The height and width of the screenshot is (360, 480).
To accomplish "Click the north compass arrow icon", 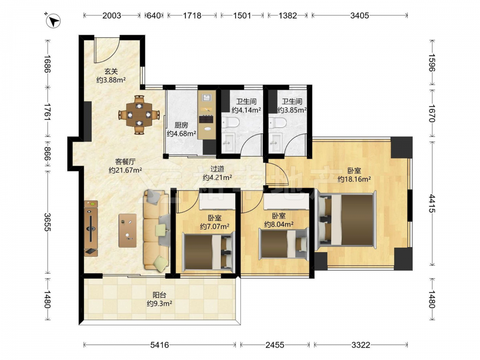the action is click(53, 21).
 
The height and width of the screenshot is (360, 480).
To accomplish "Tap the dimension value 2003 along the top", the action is click(111, 15).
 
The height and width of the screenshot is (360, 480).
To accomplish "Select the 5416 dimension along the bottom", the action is click(159, 345).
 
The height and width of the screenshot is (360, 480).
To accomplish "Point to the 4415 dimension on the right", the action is click(432, 204).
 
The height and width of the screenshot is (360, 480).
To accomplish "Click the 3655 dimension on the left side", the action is click(48, 222).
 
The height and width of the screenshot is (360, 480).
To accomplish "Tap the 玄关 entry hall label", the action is click(111, 72).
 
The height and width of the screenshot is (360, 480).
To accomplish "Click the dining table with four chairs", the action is click(139, 115).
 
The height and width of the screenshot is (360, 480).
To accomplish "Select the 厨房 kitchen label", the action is click(181, 125).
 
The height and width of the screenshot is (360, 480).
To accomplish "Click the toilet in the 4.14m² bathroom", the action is click(230, 123).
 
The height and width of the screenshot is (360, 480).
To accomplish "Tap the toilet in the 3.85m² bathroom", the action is click(277, 123).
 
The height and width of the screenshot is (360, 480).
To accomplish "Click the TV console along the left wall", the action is click(91, 228).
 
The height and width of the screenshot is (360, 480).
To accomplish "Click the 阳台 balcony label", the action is click(159, 295).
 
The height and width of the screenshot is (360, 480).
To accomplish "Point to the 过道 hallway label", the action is click(217, 168).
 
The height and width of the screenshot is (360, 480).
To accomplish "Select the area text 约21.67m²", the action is click(125, 170).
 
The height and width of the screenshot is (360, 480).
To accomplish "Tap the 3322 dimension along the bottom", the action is click(360, 345).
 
